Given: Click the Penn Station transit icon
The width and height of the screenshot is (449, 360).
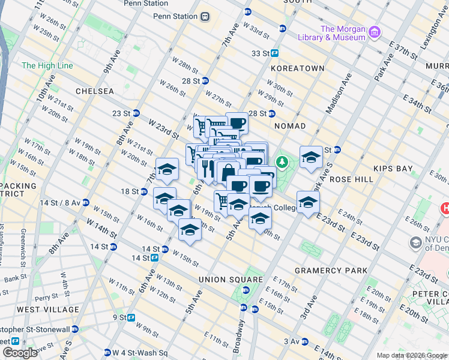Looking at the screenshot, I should [x=205, y=16].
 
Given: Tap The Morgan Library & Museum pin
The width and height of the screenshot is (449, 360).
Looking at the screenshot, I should [x=375, y=31].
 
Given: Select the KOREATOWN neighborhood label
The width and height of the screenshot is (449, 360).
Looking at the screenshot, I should [x=297, y=68].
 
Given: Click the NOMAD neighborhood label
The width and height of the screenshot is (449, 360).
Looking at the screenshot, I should [x=290, y=126].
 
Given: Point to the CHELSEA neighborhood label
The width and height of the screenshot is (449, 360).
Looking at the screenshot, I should [x=95, y=91].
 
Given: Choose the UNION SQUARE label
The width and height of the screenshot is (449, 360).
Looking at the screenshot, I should [x=231, y=280].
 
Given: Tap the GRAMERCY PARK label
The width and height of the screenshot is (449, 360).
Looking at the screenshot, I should [x=331, y=271].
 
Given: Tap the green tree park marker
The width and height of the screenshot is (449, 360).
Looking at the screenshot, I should [x=282, y=162].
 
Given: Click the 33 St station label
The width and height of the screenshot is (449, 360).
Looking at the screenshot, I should [x=260, y=53].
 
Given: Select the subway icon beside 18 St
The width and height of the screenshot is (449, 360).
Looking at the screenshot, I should [x=144, y=191].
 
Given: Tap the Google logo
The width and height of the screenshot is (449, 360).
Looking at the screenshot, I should [x=19, y=352].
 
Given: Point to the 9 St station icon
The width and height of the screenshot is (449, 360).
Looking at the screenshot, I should [x=131, y=317].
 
